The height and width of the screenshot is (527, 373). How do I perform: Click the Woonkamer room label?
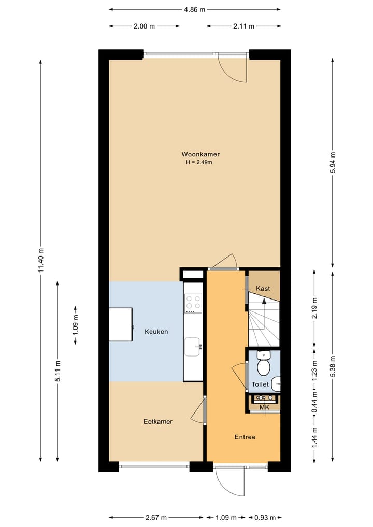point(200,154)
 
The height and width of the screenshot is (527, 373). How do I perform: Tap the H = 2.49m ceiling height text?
point(199,162)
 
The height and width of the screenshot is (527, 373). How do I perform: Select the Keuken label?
point(156,332)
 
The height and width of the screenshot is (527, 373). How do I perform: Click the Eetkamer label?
point(157,422)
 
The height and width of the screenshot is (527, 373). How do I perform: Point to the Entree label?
point(245,437)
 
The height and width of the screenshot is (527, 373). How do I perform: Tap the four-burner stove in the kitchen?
point(193,303)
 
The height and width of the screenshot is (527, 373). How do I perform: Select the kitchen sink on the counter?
point(193,346)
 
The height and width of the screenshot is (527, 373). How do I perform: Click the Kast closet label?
point(263,289)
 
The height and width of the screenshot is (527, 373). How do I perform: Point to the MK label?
point(264,408)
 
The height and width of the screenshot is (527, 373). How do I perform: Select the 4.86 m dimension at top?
point(195,9)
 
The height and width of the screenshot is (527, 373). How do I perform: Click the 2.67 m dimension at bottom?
point(156,517)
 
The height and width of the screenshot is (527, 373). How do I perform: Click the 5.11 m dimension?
point(58,371)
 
